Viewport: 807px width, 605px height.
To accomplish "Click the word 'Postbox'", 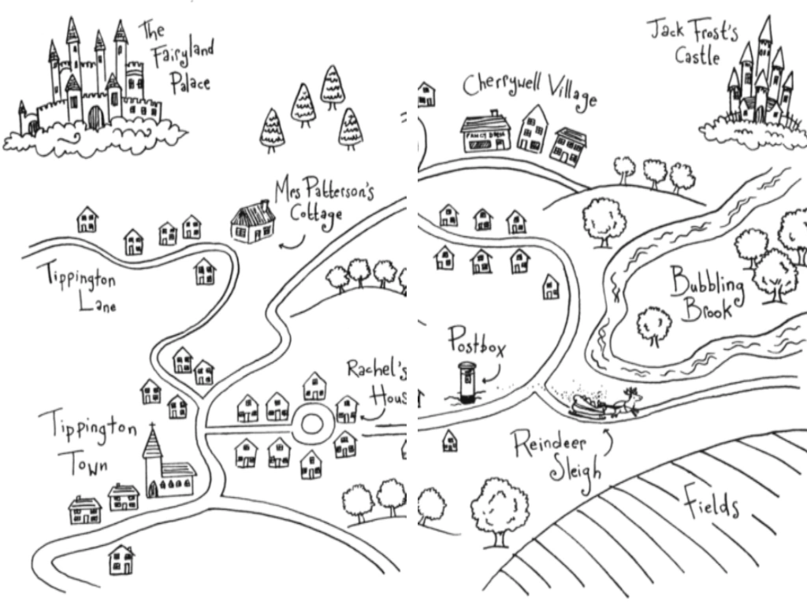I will (x=477, y=343).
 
